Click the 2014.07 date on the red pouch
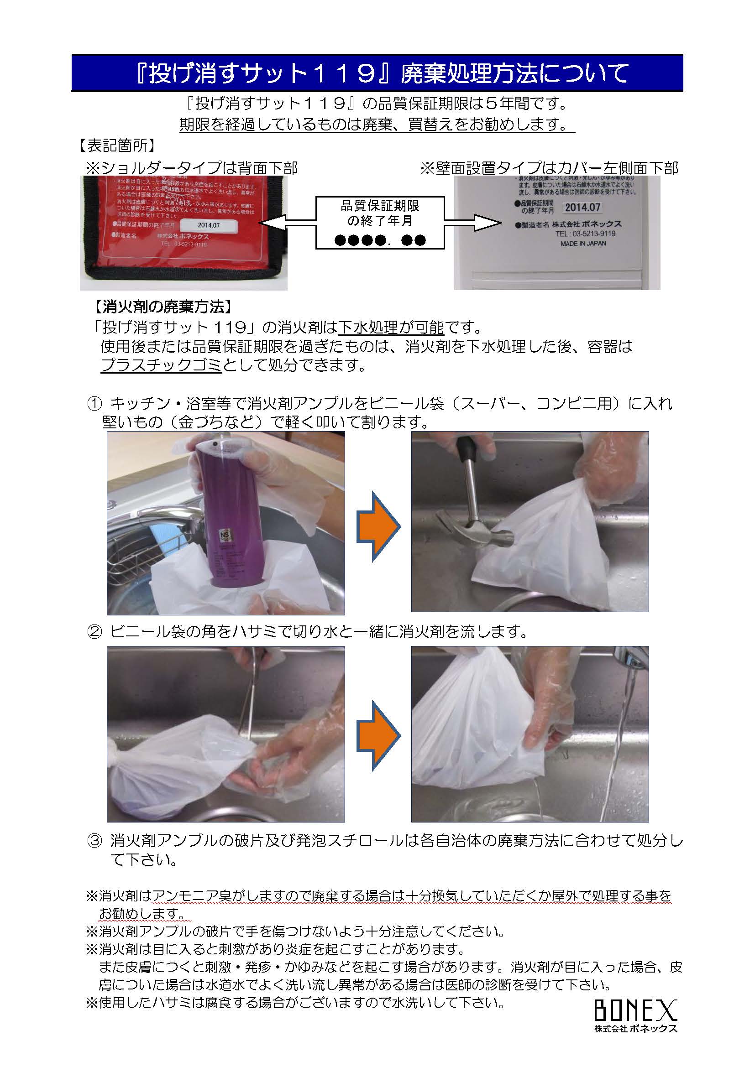coord(209,225)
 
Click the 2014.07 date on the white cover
coord(582,207)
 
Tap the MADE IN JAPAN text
coord(583,243)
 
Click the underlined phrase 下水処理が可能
coord(391,328)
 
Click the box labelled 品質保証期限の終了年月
coord(380,222)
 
